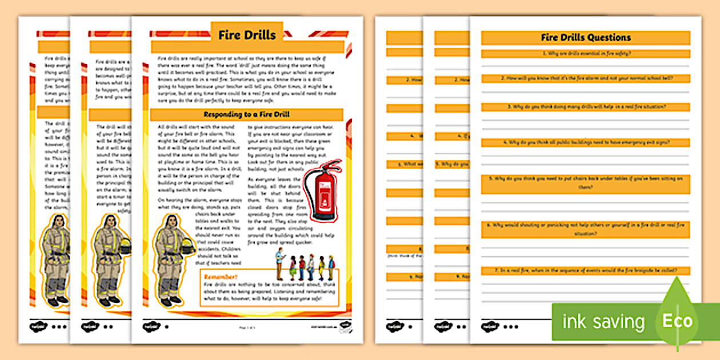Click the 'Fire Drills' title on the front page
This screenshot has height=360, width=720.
pos(247,35)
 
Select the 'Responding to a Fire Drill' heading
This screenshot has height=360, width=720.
pos(247,114)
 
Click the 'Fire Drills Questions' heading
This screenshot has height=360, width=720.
pos(586,38)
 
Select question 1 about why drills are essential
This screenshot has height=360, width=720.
pos(586,54)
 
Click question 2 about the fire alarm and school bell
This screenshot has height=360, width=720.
pos(586,78)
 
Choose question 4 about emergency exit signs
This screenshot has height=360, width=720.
pos(586,142)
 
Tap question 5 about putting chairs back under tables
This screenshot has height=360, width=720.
pos(586,182)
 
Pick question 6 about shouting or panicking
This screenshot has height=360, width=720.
pos(586,230)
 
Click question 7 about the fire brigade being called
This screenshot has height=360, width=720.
pos(586,270)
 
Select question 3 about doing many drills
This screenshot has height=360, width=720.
pos(586,107)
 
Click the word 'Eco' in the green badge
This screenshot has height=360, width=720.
pos(677,321)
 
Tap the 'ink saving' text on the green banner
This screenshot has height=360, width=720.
pos(603,322)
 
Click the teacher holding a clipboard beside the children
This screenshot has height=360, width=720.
pos(279,264)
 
